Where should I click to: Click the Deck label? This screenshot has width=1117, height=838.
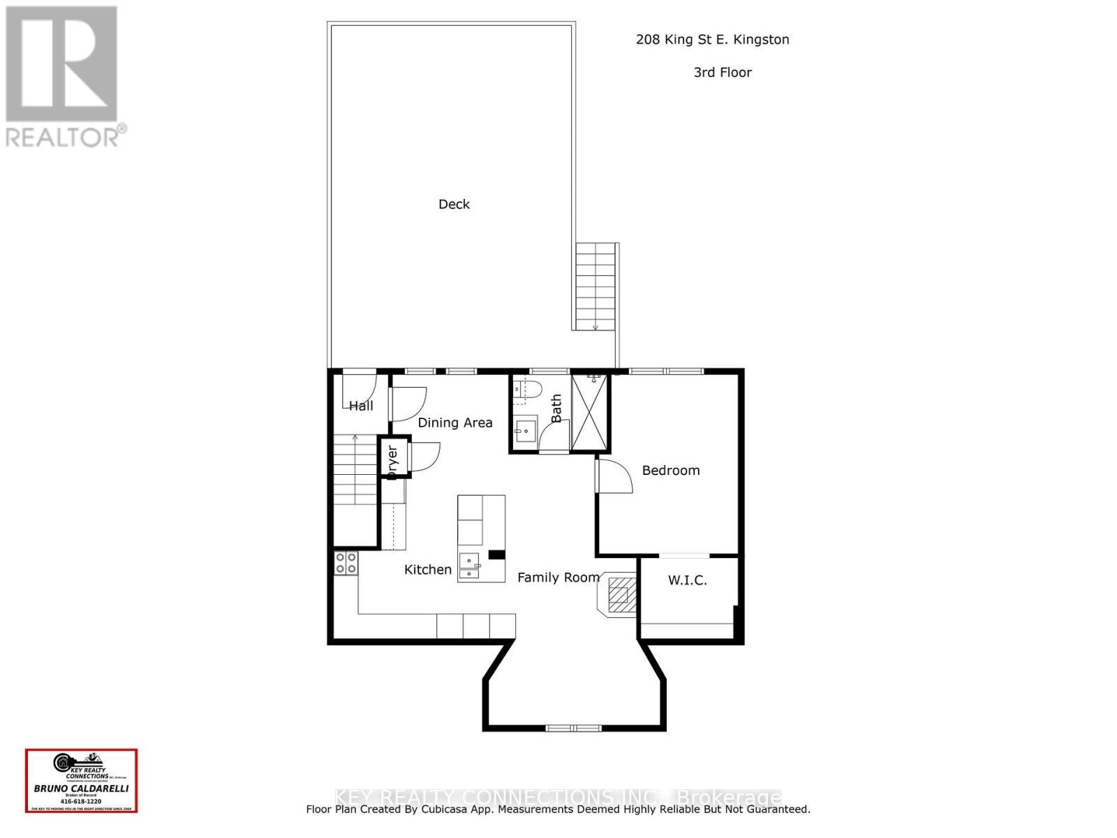454,204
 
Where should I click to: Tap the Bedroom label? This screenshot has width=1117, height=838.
670,470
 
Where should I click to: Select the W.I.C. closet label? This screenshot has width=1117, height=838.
687,580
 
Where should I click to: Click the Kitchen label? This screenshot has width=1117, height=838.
428,570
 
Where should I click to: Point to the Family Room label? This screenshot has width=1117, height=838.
558,577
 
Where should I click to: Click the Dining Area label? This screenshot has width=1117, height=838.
454,422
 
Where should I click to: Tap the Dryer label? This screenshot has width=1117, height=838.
392,461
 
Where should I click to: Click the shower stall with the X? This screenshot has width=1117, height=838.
590,413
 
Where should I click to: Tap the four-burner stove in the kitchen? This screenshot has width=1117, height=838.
346,563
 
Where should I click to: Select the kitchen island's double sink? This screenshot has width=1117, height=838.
469,566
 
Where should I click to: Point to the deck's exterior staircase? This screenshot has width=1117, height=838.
596,286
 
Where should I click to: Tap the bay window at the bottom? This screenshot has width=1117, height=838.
573,728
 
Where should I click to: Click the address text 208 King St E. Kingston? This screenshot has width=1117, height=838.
712,40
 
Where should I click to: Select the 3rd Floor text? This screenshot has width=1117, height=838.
723,72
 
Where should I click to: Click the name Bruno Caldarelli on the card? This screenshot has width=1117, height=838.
82,788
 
